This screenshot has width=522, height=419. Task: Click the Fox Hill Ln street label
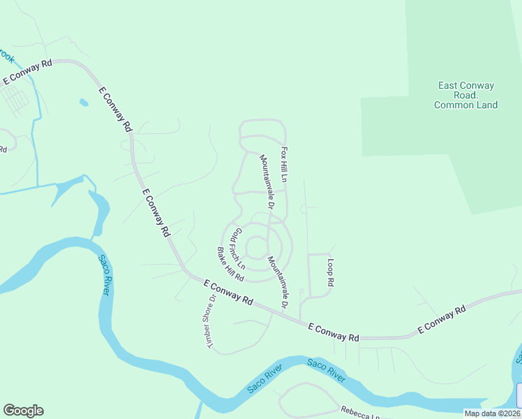coord(285,165)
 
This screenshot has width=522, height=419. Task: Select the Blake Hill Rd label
coord(230,264)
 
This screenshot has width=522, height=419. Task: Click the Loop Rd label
coord(331,273)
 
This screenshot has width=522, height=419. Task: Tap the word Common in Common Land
coord(455,105)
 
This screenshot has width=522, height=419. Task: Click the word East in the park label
coord(449,86)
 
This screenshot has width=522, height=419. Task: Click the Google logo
coord(23,411)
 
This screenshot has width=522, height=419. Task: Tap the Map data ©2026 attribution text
coord(492,413)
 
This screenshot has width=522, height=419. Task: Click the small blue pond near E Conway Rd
coord(84,103)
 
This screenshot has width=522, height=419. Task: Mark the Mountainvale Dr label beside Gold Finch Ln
coord(278,282)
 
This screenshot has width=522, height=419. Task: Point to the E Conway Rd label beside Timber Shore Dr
coord(229,292)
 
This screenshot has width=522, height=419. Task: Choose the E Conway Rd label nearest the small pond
coord(115,110)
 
